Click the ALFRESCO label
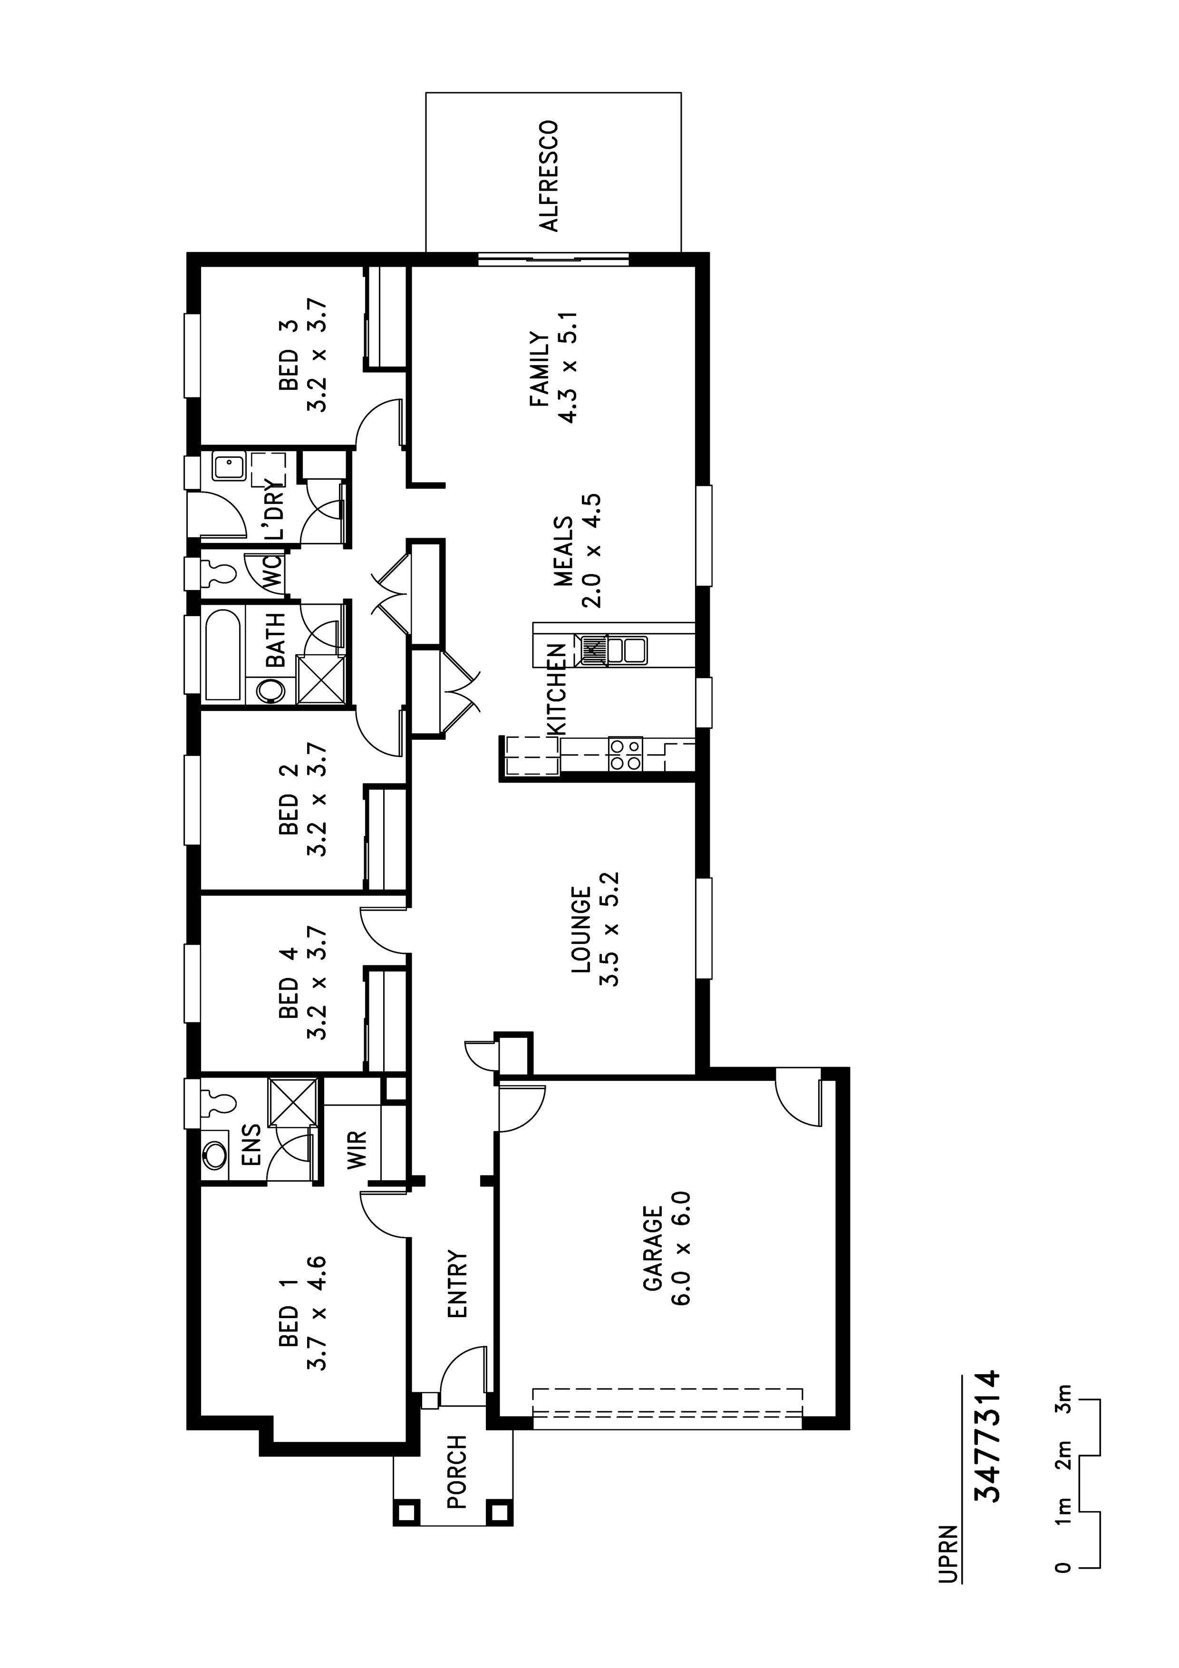[x=550, y=176]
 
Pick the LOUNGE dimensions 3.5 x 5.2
[x=609, y=929]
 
